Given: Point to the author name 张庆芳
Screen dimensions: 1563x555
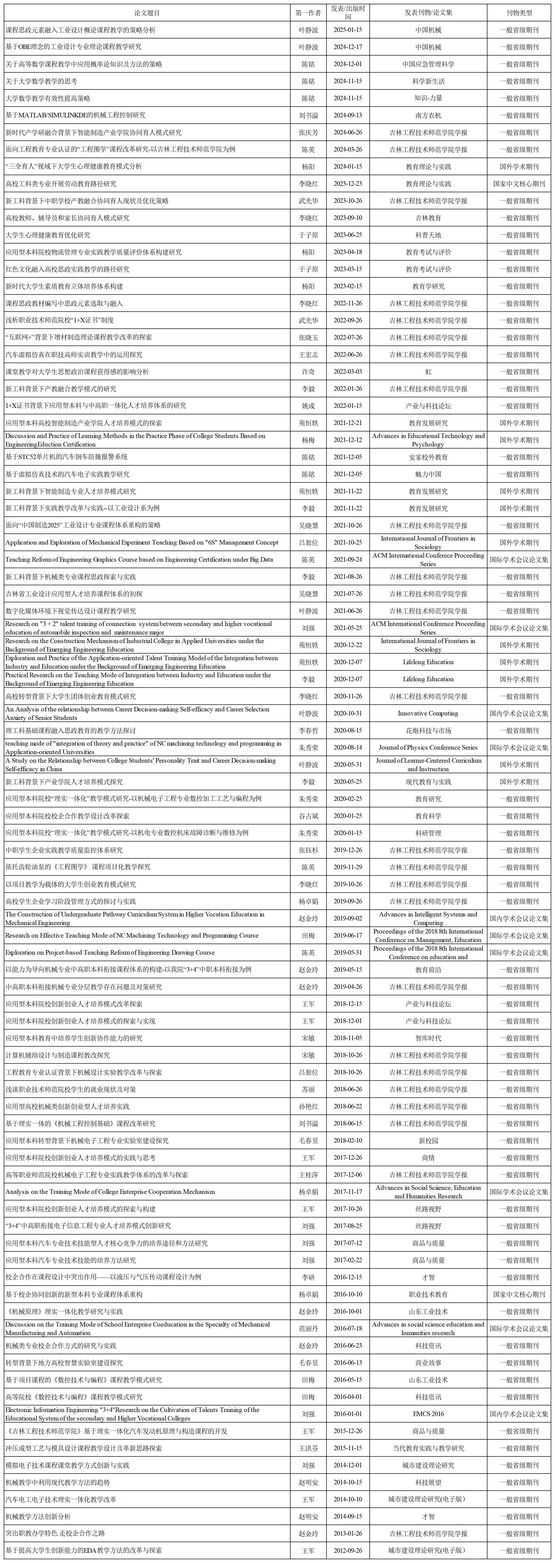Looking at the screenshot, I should (x=308, y=132).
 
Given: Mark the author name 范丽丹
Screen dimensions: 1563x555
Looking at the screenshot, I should (x=308, y=1328).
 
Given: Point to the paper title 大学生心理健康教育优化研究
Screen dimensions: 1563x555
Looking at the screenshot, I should (x=48, y=235).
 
